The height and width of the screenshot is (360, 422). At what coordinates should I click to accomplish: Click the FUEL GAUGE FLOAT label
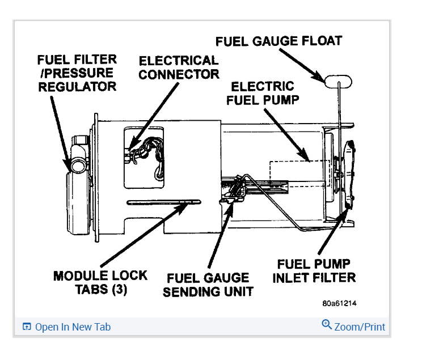(x=278, y=41)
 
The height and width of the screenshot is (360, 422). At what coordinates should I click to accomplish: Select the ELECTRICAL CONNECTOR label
(x=179, y=67)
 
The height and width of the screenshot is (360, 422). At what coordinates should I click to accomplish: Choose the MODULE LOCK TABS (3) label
(x=100, y=282)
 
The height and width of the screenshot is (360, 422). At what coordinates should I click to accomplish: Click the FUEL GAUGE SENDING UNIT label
(x=208, y=285)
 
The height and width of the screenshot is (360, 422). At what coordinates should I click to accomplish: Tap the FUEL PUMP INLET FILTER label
(x=314, y=271)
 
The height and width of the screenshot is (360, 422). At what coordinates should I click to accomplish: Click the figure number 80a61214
(x=340, y=303)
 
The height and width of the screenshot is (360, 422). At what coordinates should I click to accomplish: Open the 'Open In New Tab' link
(x=73, y=327)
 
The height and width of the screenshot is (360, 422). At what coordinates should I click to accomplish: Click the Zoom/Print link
(x=360, y=327)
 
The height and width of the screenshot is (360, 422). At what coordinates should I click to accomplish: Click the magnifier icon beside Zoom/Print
(x=327, y=325)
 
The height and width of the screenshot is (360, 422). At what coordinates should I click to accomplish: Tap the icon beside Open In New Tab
(x=26, y=327)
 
